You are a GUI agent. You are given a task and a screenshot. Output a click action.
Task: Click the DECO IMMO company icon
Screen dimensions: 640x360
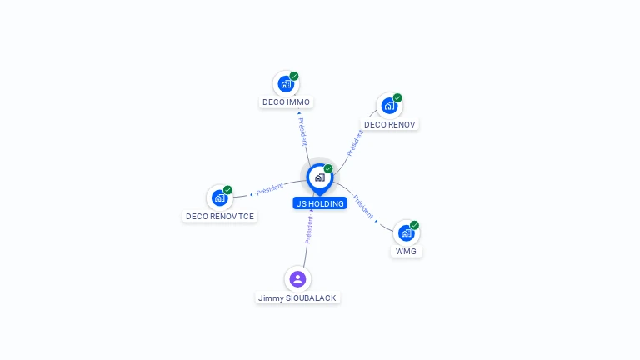pyautogui.click(x=286, y=84)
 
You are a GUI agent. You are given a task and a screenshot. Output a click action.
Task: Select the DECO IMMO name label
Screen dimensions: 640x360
pyautogui.click(x=286, y=102)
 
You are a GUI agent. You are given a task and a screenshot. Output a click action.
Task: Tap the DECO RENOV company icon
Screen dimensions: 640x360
pyautogui.click(x=389, y=106)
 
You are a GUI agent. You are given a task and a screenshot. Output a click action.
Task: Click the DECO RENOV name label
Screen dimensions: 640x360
pyautogui.click(x=389, y=124)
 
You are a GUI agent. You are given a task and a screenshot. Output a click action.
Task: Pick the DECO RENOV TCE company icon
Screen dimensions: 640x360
pyautogui.click(x=220, y=198)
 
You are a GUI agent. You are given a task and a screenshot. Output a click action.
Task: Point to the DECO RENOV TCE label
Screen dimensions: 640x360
pyautogui.click(x=220, y=217)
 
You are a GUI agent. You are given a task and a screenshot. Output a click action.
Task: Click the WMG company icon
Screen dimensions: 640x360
pyautogui.click(x=406, y=233)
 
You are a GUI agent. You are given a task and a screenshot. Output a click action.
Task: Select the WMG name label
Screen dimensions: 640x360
pyautogui.click(x=406, y=252)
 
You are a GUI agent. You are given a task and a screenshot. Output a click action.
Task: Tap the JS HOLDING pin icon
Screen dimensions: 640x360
pyautogui.click(x=320, y=178)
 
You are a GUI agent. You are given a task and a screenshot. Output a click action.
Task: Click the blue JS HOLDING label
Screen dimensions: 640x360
pyautogui.click(x=320, y=203)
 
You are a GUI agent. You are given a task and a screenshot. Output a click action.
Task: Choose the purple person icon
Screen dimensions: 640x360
pyautogui.click(x=298, y=279)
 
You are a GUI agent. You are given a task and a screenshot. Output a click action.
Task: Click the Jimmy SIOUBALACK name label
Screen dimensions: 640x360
pyautogui.click(x=297, y=298)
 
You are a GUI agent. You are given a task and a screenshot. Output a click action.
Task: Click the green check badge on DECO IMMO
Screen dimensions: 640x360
pyautogui.click(x=294, y=76)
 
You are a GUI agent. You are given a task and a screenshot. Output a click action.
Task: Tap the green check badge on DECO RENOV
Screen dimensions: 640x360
pyautogui.click(x=397, y=98)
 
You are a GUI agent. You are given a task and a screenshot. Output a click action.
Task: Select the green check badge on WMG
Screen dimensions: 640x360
pyautogui.click(x=414, y=225)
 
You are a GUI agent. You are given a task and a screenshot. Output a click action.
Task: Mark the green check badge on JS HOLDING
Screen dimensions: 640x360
pyautogui.click(x=328, y=168)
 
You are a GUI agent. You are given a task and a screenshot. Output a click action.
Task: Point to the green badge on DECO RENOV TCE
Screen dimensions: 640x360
pyautogui.click(x=227, y=190)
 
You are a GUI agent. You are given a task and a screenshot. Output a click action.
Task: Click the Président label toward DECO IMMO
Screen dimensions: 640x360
pyautogui.click(x=302, y=132)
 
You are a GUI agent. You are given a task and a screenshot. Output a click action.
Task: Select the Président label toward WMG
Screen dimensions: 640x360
pyautogui.click(x=363, y=207)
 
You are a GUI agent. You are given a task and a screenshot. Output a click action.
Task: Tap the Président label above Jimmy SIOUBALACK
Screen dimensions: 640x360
pyautogui.click(x=309, y=230)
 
